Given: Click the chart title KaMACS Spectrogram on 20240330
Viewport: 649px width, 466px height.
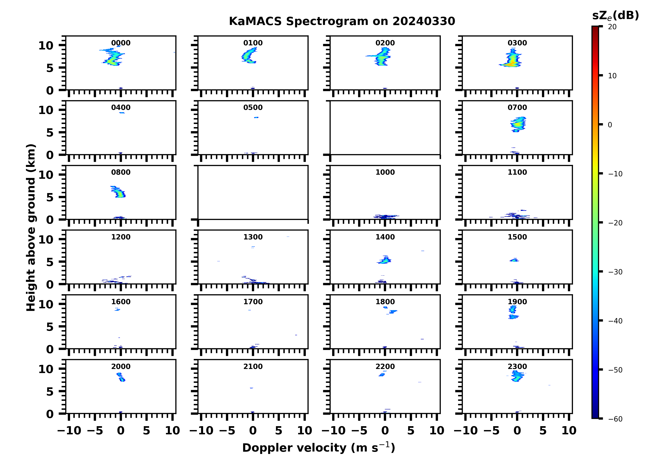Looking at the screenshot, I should coord(342,21).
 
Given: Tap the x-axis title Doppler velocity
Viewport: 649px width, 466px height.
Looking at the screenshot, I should coord(318,448).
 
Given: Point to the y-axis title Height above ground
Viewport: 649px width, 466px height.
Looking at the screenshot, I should coord(31,228).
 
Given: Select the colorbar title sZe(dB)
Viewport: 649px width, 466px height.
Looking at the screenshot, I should coord(615,16).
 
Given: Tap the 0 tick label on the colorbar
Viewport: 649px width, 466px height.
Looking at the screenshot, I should coord(610,125).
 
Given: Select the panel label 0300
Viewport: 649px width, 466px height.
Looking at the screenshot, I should coord(517,43).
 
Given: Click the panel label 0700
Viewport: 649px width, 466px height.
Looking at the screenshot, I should coord(517,108).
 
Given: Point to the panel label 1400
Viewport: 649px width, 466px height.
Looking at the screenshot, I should coord(385,237).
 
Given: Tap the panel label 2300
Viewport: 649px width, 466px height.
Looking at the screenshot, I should coord(517,366).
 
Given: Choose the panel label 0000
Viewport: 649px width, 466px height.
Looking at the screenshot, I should coord(121,43).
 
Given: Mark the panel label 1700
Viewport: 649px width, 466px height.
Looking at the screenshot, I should coord(253,302).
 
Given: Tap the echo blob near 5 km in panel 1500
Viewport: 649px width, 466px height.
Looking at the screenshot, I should coord(514,260).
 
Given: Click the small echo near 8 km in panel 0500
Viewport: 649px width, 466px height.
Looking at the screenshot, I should coord(256,117).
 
